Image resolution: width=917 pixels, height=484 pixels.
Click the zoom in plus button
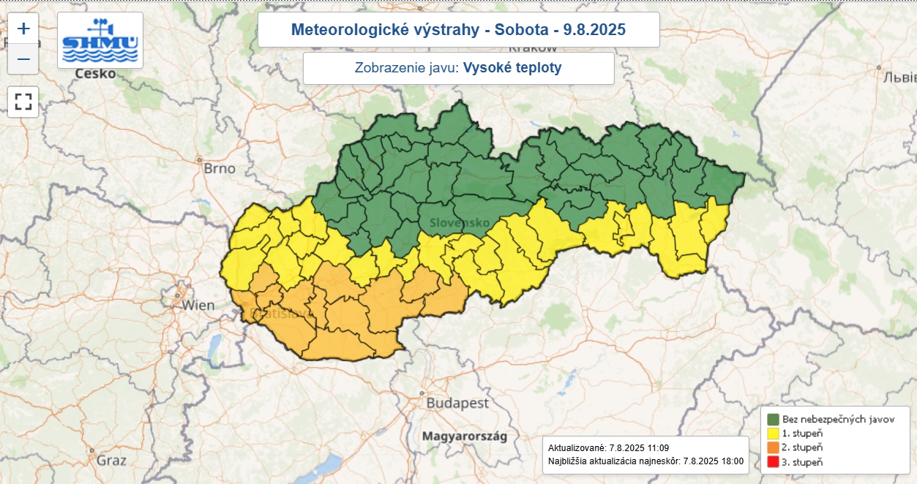point(23,29)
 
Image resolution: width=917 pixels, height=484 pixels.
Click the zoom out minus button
point(23,59)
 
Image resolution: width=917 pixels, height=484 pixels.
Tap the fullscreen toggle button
point(23,102)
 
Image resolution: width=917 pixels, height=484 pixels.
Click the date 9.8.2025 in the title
point(594,30)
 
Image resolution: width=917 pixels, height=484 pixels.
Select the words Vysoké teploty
point(512,68)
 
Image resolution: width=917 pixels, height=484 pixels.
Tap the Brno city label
point(220,169)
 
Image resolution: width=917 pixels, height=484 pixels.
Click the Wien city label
point(198,305)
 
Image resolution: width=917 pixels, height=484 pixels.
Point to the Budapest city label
point(457,404)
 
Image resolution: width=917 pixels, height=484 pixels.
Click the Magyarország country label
point(464,436)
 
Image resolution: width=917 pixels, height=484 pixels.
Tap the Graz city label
point(111,461)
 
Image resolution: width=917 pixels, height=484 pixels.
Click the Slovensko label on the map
point(459,222)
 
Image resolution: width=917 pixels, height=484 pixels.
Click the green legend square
point(773,420)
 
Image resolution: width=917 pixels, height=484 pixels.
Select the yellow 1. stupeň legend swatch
point(773,434)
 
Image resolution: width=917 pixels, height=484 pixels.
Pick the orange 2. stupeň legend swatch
point(773,447)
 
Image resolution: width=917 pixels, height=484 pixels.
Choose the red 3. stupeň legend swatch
point(773,461)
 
